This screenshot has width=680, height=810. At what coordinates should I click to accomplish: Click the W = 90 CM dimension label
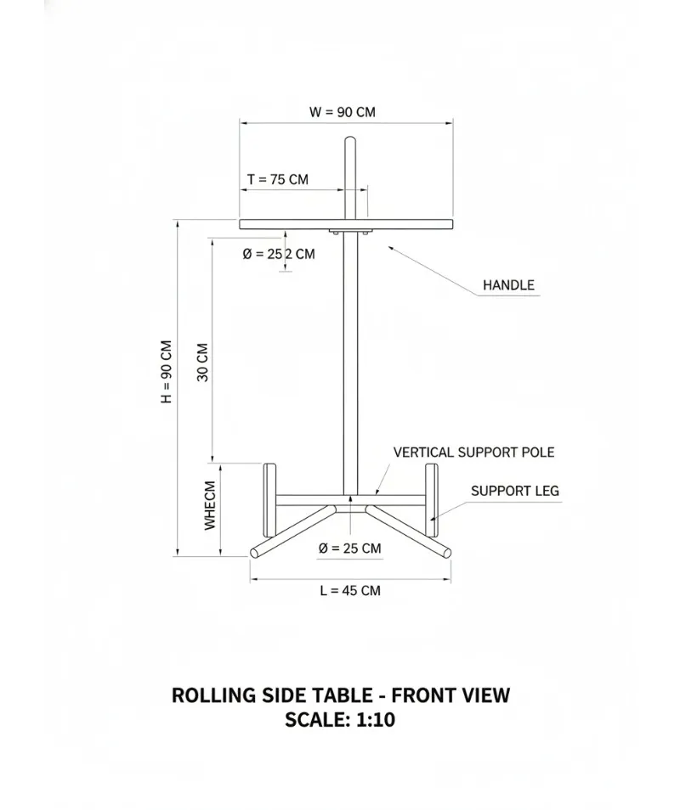343,112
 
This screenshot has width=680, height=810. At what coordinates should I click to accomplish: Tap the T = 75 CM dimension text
278,179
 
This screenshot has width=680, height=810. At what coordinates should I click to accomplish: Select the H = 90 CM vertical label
167,372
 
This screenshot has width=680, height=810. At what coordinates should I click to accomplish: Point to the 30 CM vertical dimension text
202,363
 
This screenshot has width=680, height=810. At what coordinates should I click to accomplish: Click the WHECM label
209,505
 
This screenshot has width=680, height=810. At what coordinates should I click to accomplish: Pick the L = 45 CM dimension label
350,590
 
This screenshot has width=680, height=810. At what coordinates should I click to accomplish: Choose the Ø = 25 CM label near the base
350,548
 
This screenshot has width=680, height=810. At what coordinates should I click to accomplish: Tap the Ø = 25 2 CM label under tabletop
279,254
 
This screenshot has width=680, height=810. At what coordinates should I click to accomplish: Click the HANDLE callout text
508,285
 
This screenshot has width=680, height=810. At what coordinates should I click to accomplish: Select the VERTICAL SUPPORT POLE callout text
473,453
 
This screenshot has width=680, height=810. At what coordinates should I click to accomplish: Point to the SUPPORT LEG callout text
515,491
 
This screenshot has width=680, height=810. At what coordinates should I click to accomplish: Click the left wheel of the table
269,500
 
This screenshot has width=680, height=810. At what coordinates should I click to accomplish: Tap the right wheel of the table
431,500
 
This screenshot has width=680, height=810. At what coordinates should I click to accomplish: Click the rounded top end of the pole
350,139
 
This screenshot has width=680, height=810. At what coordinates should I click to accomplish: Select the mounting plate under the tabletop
350,232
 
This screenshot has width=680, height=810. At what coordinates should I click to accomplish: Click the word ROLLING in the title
213,695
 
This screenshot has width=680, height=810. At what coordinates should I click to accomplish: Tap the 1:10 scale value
376,720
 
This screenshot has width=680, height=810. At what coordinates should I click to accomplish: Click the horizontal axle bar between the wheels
350,500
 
